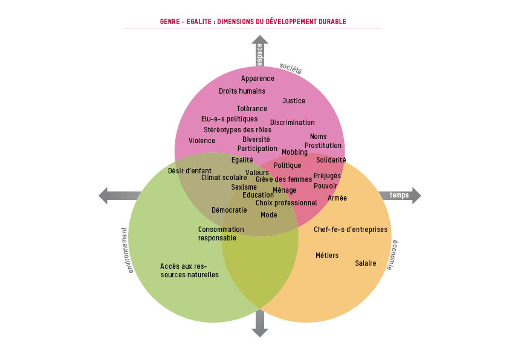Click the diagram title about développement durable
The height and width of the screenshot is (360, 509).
tap(253, 22)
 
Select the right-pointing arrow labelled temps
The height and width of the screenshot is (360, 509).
tap(400, 195)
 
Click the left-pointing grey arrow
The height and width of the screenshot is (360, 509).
tap(119, 196)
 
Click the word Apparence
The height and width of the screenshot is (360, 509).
tap(258, 79)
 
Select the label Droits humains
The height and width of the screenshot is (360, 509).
tap(242, 91)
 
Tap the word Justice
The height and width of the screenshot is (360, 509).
tap(294, 101)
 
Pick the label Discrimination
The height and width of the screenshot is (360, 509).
tap(292, 123)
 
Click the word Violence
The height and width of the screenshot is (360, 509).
tap(202, 141)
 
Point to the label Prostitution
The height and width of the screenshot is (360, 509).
tap(323, 146)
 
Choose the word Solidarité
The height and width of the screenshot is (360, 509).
tap(331, 160)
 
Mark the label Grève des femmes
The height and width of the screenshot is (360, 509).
tap(284, 179)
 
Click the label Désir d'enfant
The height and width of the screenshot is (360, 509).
tap(190, 170)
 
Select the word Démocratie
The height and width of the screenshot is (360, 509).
tap(229, 210)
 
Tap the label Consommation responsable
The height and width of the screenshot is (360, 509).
tap(221, 234)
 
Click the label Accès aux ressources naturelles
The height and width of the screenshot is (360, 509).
tap(189, 271)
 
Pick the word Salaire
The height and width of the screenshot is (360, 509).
tap(365, 263)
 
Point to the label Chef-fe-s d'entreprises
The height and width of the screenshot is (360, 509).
tap(351, 230)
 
